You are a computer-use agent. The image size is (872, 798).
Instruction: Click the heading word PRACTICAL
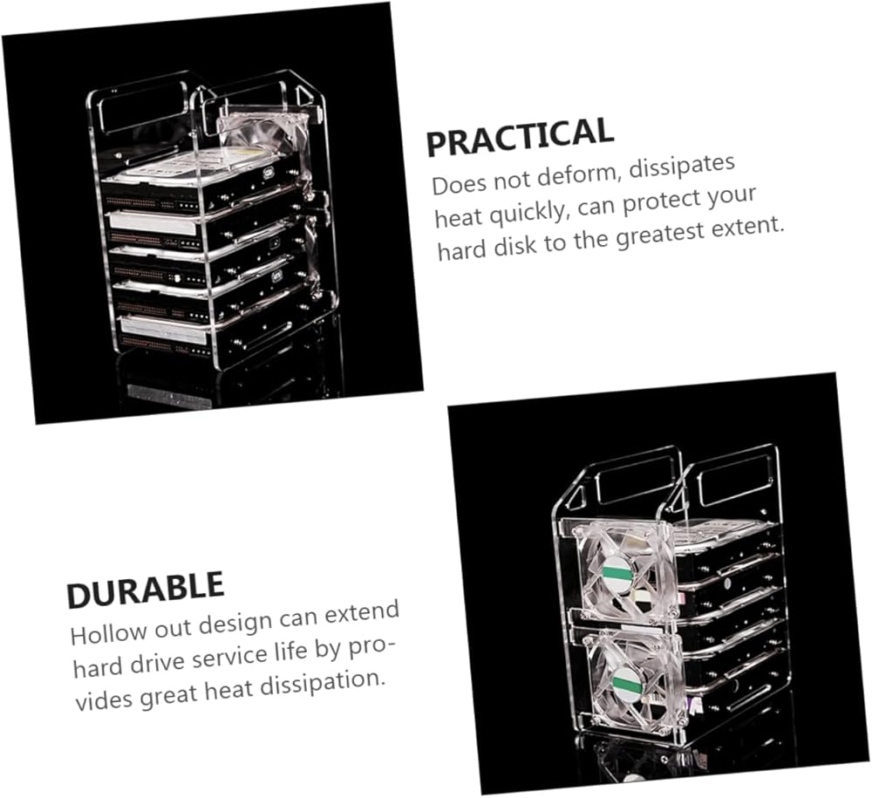click(520, 136)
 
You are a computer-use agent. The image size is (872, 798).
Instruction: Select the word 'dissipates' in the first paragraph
click(683, 167)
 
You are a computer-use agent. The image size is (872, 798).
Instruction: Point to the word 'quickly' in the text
click(533, 211)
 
